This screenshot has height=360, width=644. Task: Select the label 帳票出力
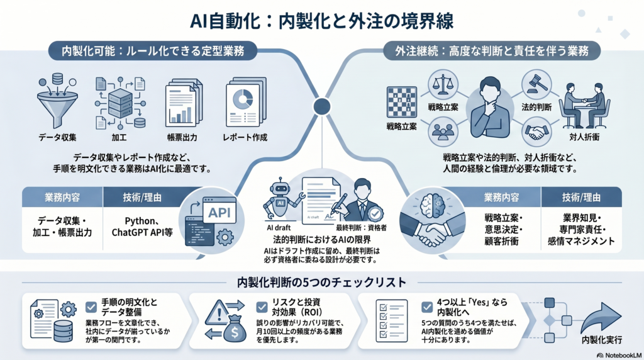tap(181, 137)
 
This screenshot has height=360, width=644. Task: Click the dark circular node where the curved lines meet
tap(322, 105)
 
